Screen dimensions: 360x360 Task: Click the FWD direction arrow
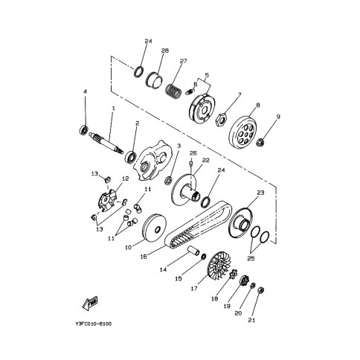(x=90, y=303)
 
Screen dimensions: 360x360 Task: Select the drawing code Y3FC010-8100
(x=94, y=324)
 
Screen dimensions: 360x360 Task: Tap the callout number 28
(x=165, y=51)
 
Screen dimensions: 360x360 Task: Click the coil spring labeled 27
(x=173, y=91)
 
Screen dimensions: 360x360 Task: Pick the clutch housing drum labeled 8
(x=242, y=132)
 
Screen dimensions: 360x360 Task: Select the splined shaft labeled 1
(x=106, y=143)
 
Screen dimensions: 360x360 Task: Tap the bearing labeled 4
(x=84, y=129)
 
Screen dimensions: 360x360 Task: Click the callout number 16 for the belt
(x=144, y=257)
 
